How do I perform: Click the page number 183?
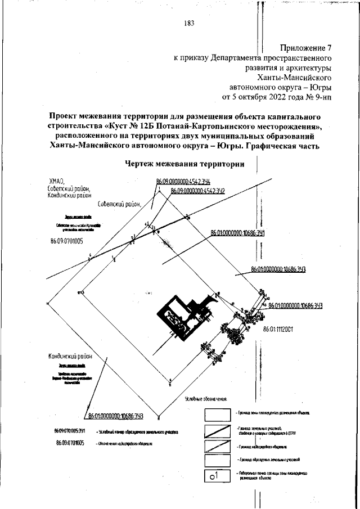[x=188, y=23]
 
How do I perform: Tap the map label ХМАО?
[x=57, y=181]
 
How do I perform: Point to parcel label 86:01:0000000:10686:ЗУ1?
[x=237, y=232]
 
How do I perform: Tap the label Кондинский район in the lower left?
[x=69, y=357]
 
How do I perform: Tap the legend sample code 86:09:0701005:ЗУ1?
[x=70, y=431]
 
